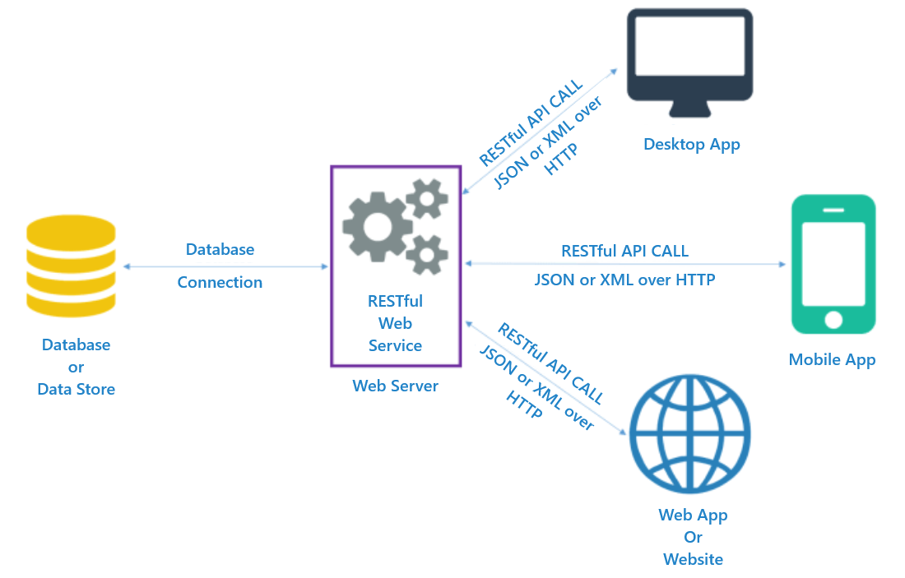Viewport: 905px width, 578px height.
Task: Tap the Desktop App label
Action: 691,145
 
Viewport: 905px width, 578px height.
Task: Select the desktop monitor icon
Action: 689,56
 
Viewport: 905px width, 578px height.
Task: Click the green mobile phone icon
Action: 833,263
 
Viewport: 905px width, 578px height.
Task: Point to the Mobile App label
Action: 832,359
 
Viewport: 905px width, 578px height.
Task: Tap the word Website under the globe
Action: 693,559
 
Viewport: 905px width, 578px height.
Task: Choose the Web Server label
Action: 395,386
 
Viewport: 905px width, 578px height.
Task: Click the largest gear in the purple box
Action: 376,225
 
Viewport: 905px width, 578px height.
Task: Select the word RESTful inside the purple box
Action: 396,301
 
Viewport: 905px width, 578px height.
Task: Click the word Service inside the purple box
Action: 396,345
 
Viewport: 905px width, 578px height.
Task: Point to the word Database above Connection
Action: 220,249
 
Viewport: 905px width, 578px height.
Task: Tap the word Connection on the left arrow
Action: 220,282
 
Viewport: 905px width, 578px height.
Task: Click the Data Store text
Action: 77,389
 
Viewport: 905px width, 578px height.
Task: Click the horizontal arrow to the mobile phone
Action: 625,264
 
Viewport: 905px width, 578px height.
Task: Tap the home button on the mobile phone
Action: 833,319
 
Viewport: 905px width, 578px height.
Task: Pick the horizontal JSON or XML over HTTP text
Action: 624,280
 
